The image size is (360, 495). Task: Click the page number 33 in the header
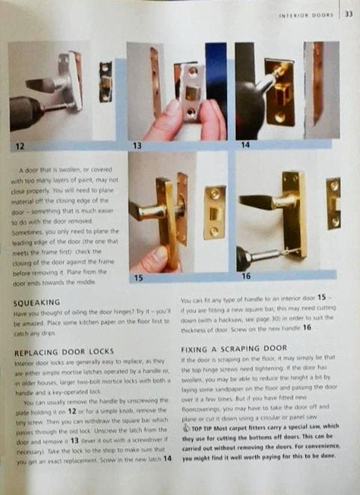click(x=349, y=14)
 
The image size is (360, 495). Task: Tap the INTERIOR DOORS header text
click(x=307, y=15)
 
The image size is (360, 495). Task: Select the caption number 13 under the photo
click(x=136, y=145)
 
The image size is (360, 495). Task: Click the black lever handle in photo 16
click(x=256, y=203)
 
